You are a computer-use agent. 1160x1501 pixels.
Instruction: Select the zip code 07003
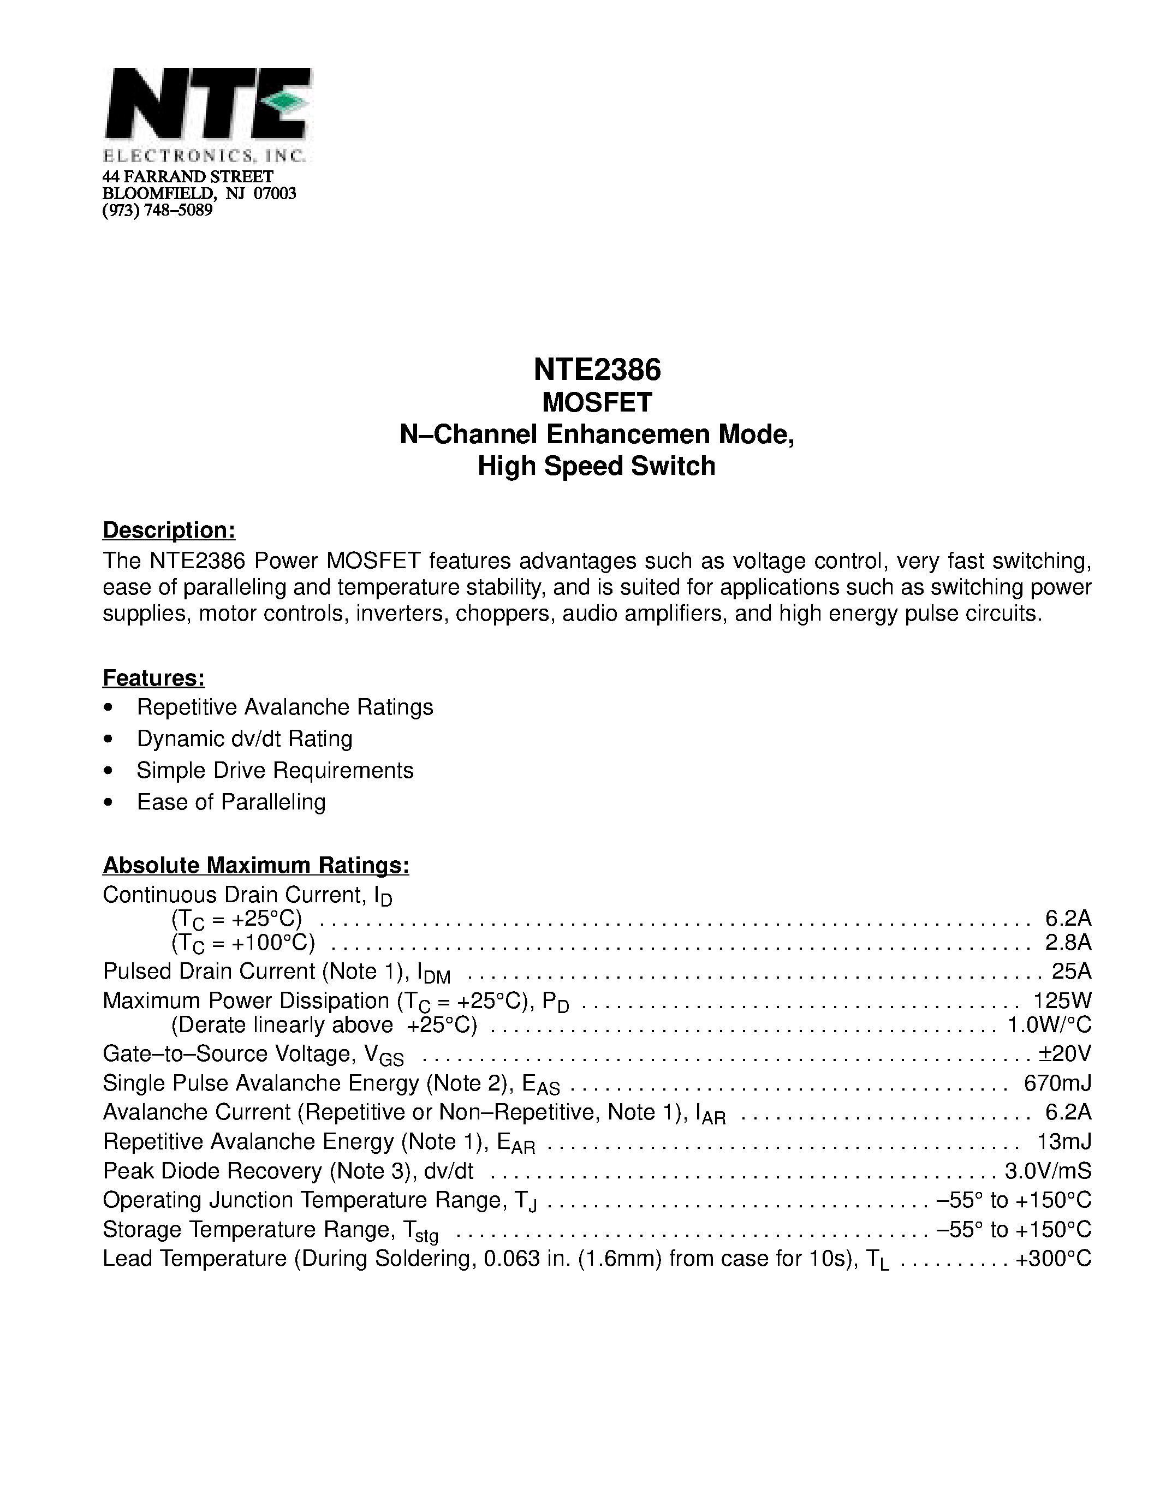[275, 194]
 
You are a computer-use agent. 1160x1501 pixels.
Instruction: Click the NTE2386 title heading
[597, 371]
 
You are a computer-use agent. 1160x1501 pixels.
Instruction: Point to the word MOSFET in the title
[597, 403]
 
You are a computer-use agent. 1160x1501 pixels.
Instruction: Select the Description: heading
[169, 531]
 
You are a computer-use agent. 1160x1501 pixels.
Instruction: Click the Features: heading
[154, 678]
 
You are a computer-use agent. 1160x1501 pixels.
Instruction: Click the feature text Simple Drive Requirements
[275, 771]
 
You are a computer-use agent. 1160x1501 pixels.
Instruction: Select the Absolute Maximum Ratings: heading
[255, 865]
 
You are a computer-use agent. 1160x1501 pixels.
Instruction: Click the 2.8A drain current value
[1068, 942]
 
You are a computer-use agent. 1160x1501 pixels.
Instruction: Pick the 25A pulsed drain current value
[1072, 971]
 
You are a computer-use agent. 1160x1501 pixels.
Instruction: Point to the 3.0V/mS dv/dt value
[1048, 1170]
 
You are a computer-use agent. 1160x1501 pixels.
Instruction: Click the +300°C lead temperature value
[1053, 1259]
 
